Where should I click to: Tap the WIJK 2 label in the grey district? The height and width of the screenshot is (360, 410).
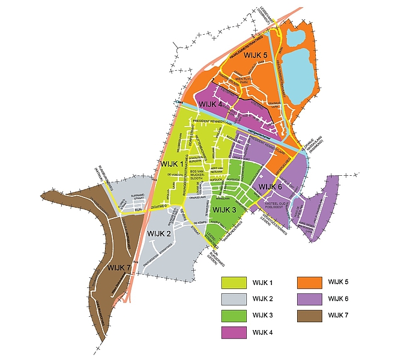pyautogui.click(x=159, y=233)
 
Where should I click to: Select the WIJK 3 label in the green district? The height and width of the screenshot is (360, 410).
pyautogui.click(x=225, y=209)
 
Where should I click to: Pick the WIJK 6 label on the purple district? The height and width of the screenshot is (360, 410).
pyautogui.click(x=270, y=188)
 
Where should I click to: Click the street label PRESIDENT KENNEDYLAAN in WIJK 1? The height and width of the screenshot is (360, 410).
pyautogui.click(x=208, y=121)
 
